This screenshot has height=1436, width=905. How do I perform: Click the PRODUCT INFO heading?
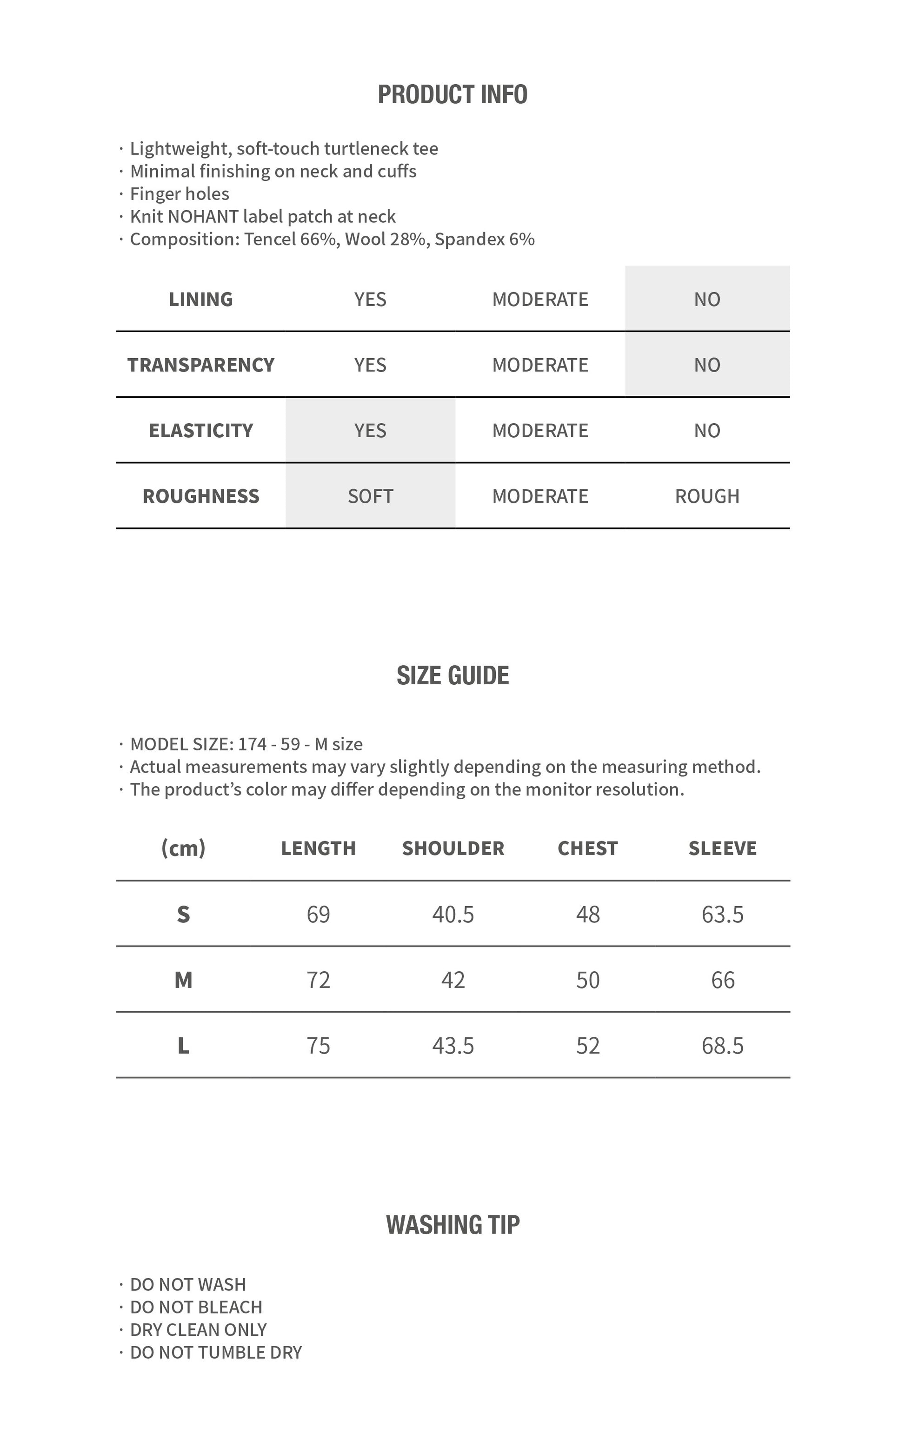pyautogui.click(x=452, y=94)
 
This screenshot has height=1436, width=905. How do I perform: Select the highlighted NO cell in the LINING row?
pyautogui.click(x=707, y=299)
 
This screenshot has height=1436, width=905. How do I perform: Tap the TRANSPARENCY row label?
pyautogui.click(x=201, y=364)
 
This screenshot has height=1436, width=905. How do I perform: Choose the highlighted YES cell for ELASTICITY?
pyautogui.click(x=370, y=430)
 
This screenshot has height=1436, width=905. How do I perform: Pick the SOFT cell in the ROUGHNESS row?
pyautogui.click(x=370, y=495)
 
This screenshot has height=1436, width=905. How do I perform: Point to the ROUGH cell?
pyautogui.click(x=707, y=495)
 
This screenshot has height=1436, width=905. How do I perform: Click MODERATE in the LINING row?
pyautogui.click(x=540, y=299)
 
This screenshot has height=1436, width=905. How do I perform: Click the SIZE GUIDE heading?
pyautogui.click(x=452, y=675)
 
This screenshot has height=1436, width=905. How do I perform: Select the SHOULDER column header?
pyautogui.click(x=453, y=848)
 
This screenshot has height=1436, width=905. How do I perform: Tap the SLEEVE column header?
pyautogui.click(x=723, y=848)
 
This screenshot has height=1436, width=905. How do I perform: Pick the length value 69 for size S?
pyautogui.click(x=319, y=914)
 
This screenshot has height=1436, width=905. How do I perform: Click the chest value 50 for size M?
pyautogui.click(x=588, y=980)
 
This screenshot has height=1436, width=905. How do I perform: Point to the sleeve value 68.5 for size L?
pyautogui.click(x=723, y=1045)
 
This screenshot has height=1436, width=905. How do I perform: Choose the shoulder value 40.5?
pyautogui.click(x=453, y=914)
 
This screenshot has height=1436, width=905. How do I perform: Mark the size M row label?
pyautogui.click(x=184, y=980)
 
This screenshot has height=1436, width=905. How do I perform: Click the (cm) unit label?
pyautogui.click(x=184, y=848)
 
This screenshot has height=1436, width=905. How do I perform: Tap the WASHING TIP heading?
pyautogui.click(x=452, y=1224)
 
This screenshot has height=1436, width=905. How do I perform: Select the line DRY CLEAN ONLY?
pyautogui.click(x=199, y=1329)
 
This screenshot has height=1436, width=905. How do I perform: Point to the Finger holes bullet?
pyautogui.click(x=180, y=194)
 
